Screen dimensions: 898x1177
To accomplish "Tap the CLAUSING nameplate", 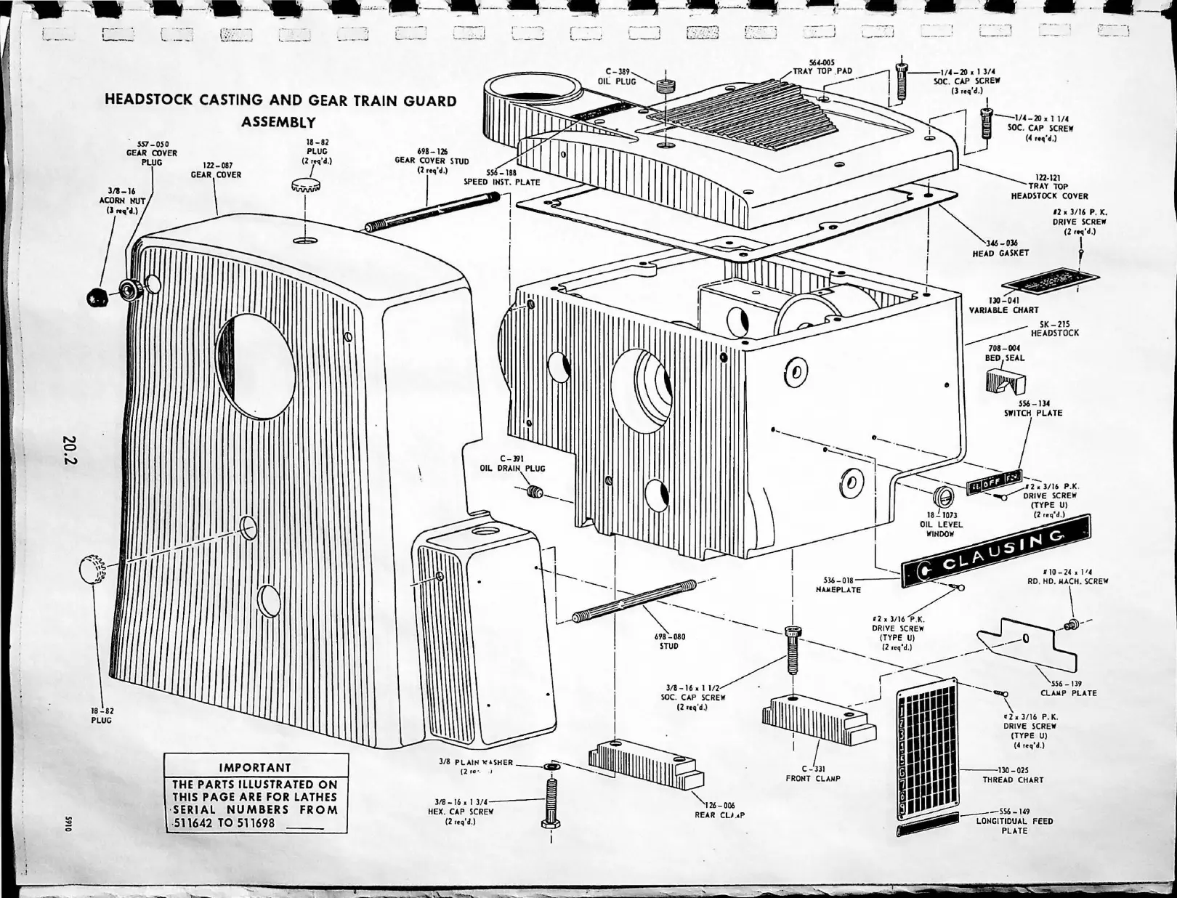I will (x=995, y=553).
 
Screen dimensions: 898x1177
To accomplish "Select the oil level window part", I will (x=943, y=498).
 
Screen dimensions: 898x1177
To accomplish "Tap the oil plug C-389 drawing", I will (x=665, y=86).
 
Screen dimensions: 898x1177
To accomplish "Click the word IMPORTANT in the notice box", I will (x=254, y=767).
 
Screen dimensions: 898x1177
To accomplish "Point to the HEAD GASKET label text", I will (x=1000, y=253).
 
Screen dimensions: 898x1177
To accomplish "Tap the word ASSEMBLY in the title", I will (x=278, y=122).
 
